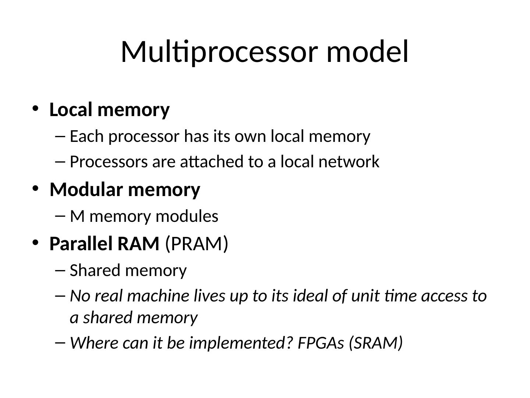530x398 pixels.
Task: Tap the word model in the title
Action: pos(367,52)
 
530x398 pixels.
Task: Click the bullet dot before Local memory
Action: pos(35,108)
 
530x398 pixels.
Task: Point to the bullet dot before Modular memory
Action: pos(35,188)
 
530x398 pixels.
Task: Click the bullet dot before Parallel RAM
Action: pos(35,242)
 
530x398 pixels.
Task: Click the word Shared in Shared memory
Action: pos(94,270)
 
